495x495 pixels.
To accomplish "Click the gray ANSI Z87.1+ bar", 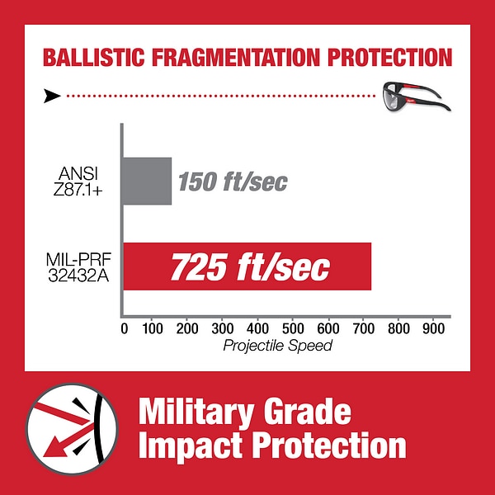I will coord(147,181).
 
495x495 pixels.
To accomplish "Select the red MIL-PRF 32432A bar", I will coord(247,267).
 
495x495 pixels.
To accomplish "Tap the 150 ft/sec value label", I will coord(233,181).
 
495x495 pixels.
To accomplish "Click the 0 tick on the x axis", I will coord(125,328).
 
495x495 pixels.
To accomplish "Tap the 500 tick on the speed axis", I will coord(294,328).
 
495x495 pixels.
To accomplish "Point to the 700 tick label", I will coord(363,328).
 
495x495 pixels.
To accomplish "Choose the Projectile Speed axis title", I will coord(277,346).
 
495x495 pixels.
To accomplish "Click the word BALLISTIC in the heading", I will coord(96,59).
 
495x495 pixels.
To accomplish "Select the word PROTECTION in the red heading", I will coord(389,59).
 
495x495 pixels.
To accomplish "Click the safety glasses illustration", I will coord(417,96).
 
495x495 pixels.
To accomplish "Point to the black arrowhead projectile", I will coord(52,96).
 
